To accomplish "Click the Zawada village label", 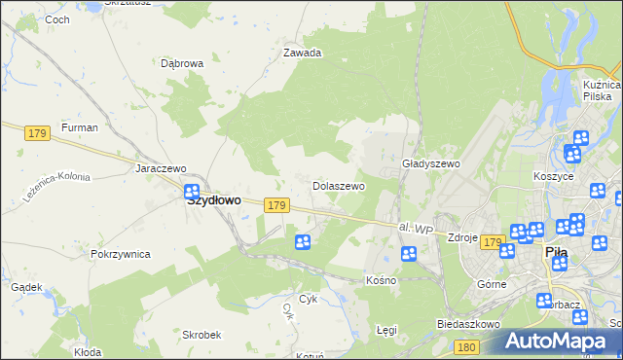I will (302, 54).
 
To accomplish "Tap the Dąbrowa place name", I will (182, 63).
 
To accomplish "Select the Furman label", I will (79, 127).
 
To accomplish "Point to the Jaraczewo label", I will (161, 168).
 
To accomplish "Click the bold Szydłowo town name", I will (213, 200).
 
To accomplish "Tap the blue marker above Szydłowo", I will (192, 192).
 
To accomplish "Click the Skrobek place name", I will (202, 334).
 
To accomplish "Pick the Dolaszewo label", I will (338, 185).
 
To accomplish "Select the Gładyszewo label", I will (430, 164).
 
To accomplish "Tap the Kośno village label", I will (381, 280).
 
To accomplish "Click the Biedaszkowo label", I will (468, 324).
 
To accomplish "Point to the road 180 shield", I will (466, 346).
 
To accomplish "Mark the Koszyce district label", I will (554, 177).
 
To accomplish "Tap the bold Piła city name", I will (556, 251).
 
